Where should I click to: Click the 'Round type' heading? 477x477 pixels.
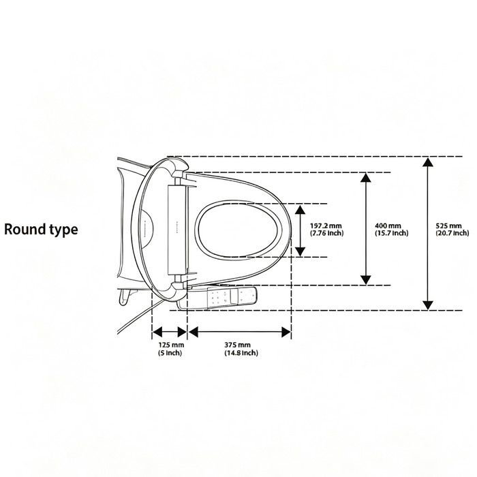coord(41,230)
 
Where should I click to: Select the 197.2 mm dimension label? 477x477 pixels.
coord(326,226)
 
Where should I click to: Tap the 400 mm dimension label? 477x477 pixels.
coord(388,226)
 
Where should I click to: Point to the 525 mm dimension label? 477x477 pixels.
coord(448,226)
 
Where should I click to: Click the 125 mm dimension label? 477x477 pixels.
coord(171,345)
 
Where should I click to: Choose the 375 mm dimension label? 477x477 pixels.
coord(238,345)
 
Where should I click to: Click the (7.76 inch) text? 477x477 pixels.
coord(326,233)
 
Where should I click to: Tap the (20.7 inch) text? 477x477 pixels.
coord(452,233)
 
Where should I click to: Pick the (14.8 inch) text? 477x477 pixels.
coord(241,353)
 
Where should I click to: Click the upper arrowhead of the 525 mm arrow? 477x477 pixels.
coord(428,162)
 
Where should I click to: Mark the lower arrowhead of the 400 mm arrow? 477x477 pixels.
coord(366,280)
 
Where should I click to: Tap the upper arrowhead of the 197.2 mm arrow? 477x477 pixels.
coord(301,210)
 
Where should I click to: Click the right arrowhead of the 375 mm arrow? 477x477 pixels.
coord(287,333)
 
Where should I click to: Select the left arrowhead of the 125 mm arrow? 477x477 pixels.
coord(157,333)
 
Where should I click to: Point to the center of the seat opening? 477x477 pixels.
coord(238,230)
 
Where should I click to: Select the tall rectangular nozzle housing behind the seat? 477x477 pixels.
coord(176,229)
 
